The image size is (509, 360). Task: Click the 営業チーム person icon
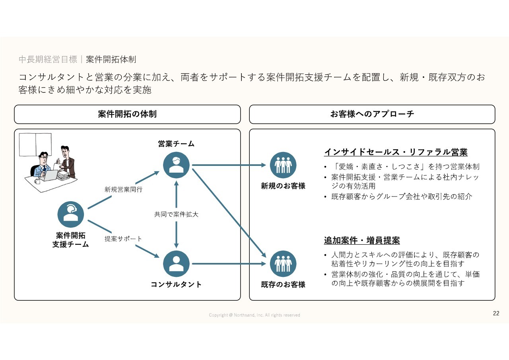coord(176,165)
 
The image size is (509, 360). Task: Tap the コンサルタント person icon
coord(176,263)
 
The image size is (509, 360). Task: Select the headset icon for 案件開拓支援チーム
coord(71,214)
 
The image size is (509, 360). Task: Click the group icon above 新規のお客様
coord(283,165)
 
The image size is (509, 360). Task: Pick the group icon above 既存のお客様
coord(283,263)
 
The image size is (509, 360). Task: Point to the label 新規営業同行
coord(123,190)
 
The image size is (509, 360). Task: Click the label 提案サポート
coord(123,239)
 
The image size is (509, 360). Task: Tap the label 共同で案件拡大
coord(176,214)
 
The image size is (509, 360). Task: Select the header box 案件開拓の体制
coord(127,114)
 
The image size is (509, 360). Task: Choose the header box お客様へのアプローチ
coord(372,114)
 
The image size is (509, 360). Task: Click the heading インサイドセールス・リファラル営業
coord(396,152)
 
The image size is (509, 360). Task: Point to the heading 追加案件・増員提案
coord(362,241)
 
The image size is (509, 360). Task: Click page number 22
coord(496,313)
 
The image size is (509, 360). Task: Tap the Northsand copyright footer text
coord(254,315)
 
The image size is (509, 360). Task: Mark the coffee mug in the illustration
coord(37,181)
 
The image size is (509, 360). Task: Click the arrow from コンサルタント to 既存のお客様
coord(229,263)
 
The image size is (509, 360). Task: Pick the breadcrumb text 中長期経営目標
coord(48,60)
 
